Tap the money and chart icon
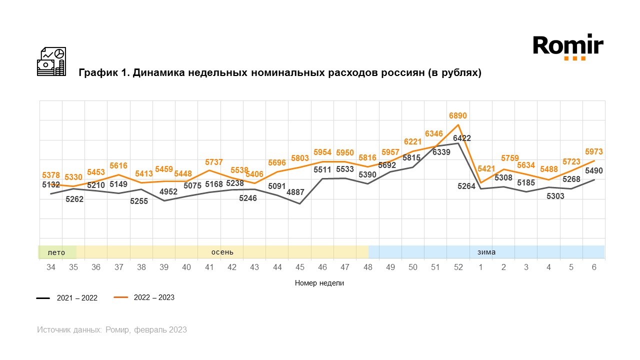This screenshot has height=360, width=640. point(51,61)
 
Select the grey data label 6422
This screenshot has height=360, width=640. point(461,138)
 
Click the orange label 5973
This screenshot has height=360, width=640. point(593,152)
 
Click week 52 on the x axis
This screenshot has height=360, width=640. point(458,267)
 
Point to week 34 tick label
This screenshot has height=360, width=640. point(51,267)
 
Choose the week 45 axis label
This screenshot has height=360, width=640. point(300,267)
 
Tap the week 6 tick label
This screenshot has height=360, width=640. point(594,267)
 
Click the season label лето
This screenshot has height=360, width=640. point(56,252)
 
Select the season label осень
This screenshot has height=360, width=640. point(222,252)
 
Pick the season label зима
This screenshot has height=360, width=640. point(486,252)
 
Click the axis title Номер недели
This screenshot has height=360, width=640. point(319,283)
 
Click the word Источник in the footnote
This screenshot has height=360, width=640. point(53,330)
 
